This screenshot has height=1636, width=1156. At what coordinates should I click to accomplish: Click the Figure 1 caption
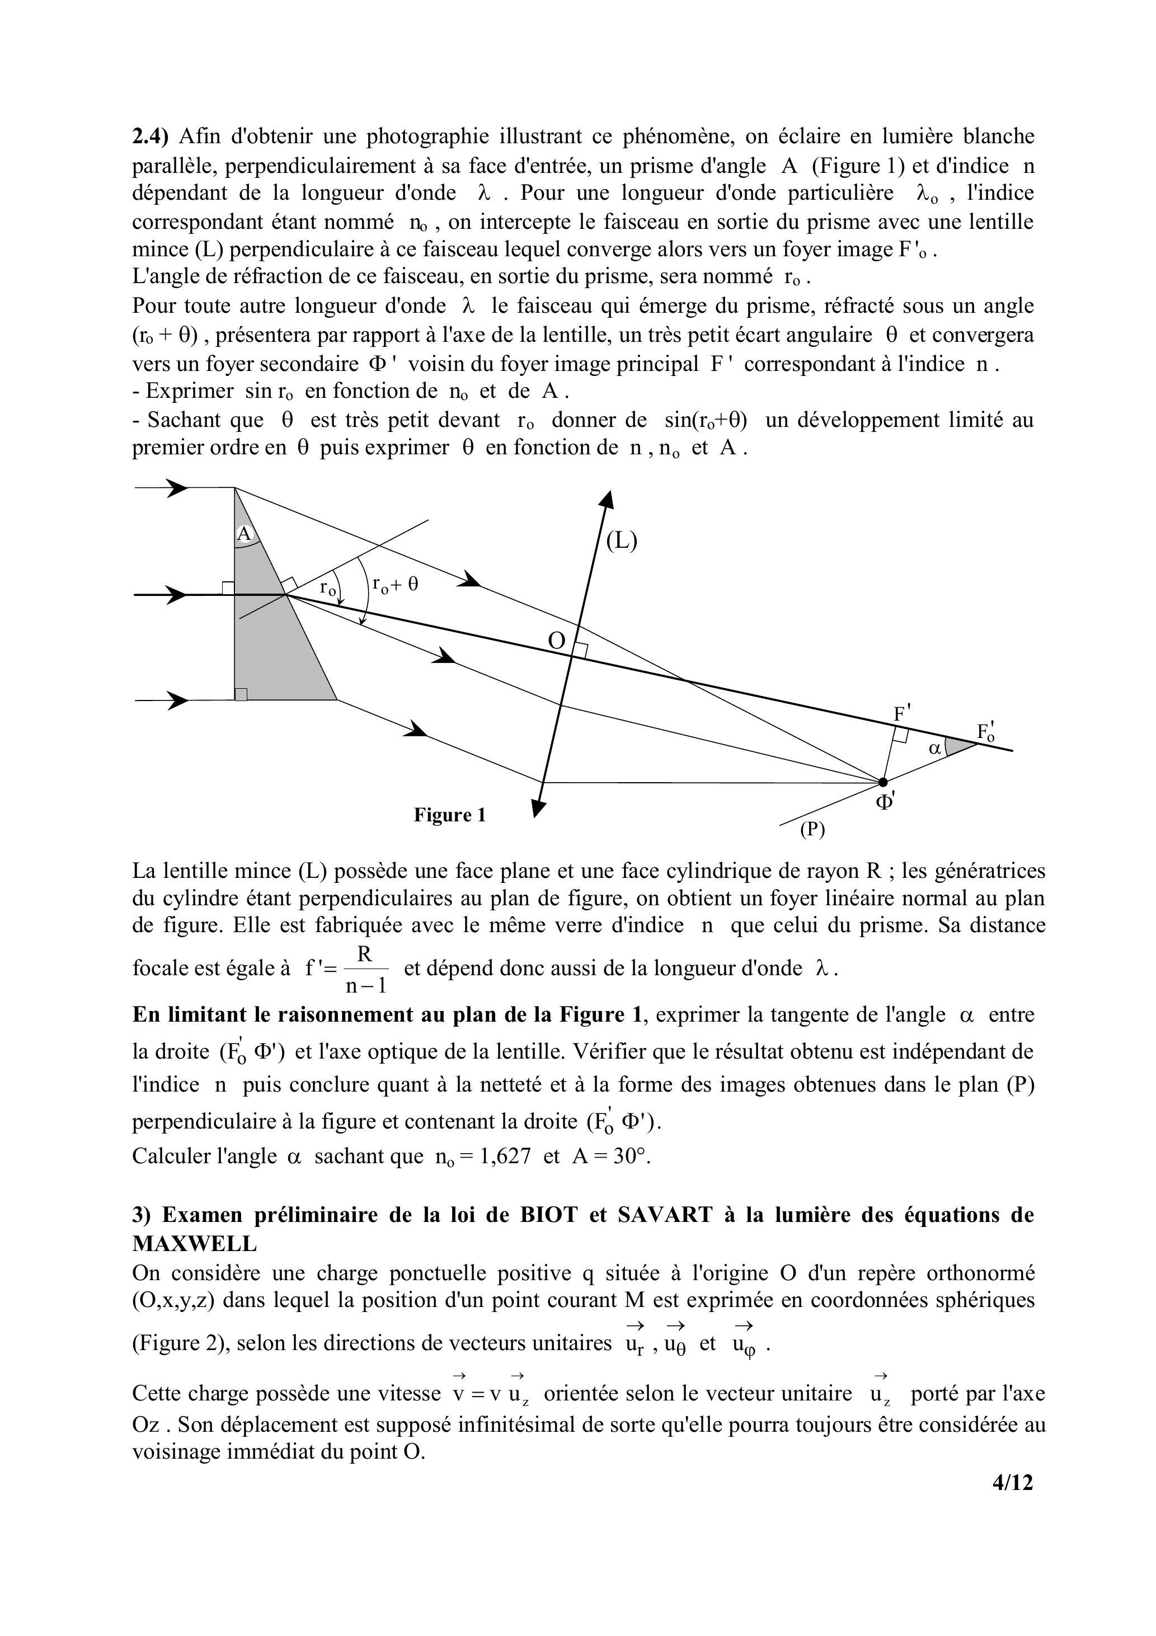[x=450, y=815]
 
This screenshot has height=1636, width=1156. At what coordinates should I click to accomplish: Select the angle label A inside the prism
[x=244, y=534]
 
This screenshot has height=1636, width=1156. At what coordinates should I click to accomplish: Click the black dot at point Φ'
[x=883, y=782]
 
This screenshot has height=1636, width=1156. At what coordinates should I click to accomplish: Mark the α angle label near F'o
[x=935, y=748]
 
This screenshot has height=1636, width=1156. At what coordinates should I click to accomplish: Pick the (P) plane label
[x=812, y=829]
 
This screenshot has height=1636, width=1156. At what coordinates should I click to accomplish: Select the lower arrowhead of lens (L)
[x=539, y=807]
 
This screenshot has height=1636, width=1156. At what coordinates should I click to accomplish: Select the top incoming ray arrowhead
[x=176, y=487]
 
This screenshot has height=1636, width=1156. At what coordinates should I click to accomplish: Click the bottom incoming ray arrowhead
[x=177, y=701]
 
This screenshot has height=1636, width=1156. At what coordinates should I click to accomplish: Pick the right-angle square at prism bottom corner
[x=241, y=694]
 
